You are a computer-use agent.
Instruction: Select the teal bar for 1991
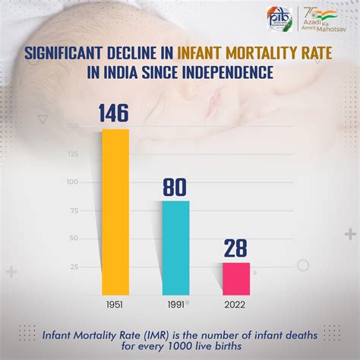click(x=175, y=247)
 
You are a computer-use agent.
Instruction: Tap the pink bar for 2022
click(x=235, y=278)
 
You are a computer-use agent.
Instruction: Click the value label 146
click(x=115, y=113)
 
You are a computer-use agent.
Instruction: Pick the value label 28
click(x=235, y=248)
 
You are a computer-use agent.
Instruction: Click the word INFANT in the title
click(x=199, y=53)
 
